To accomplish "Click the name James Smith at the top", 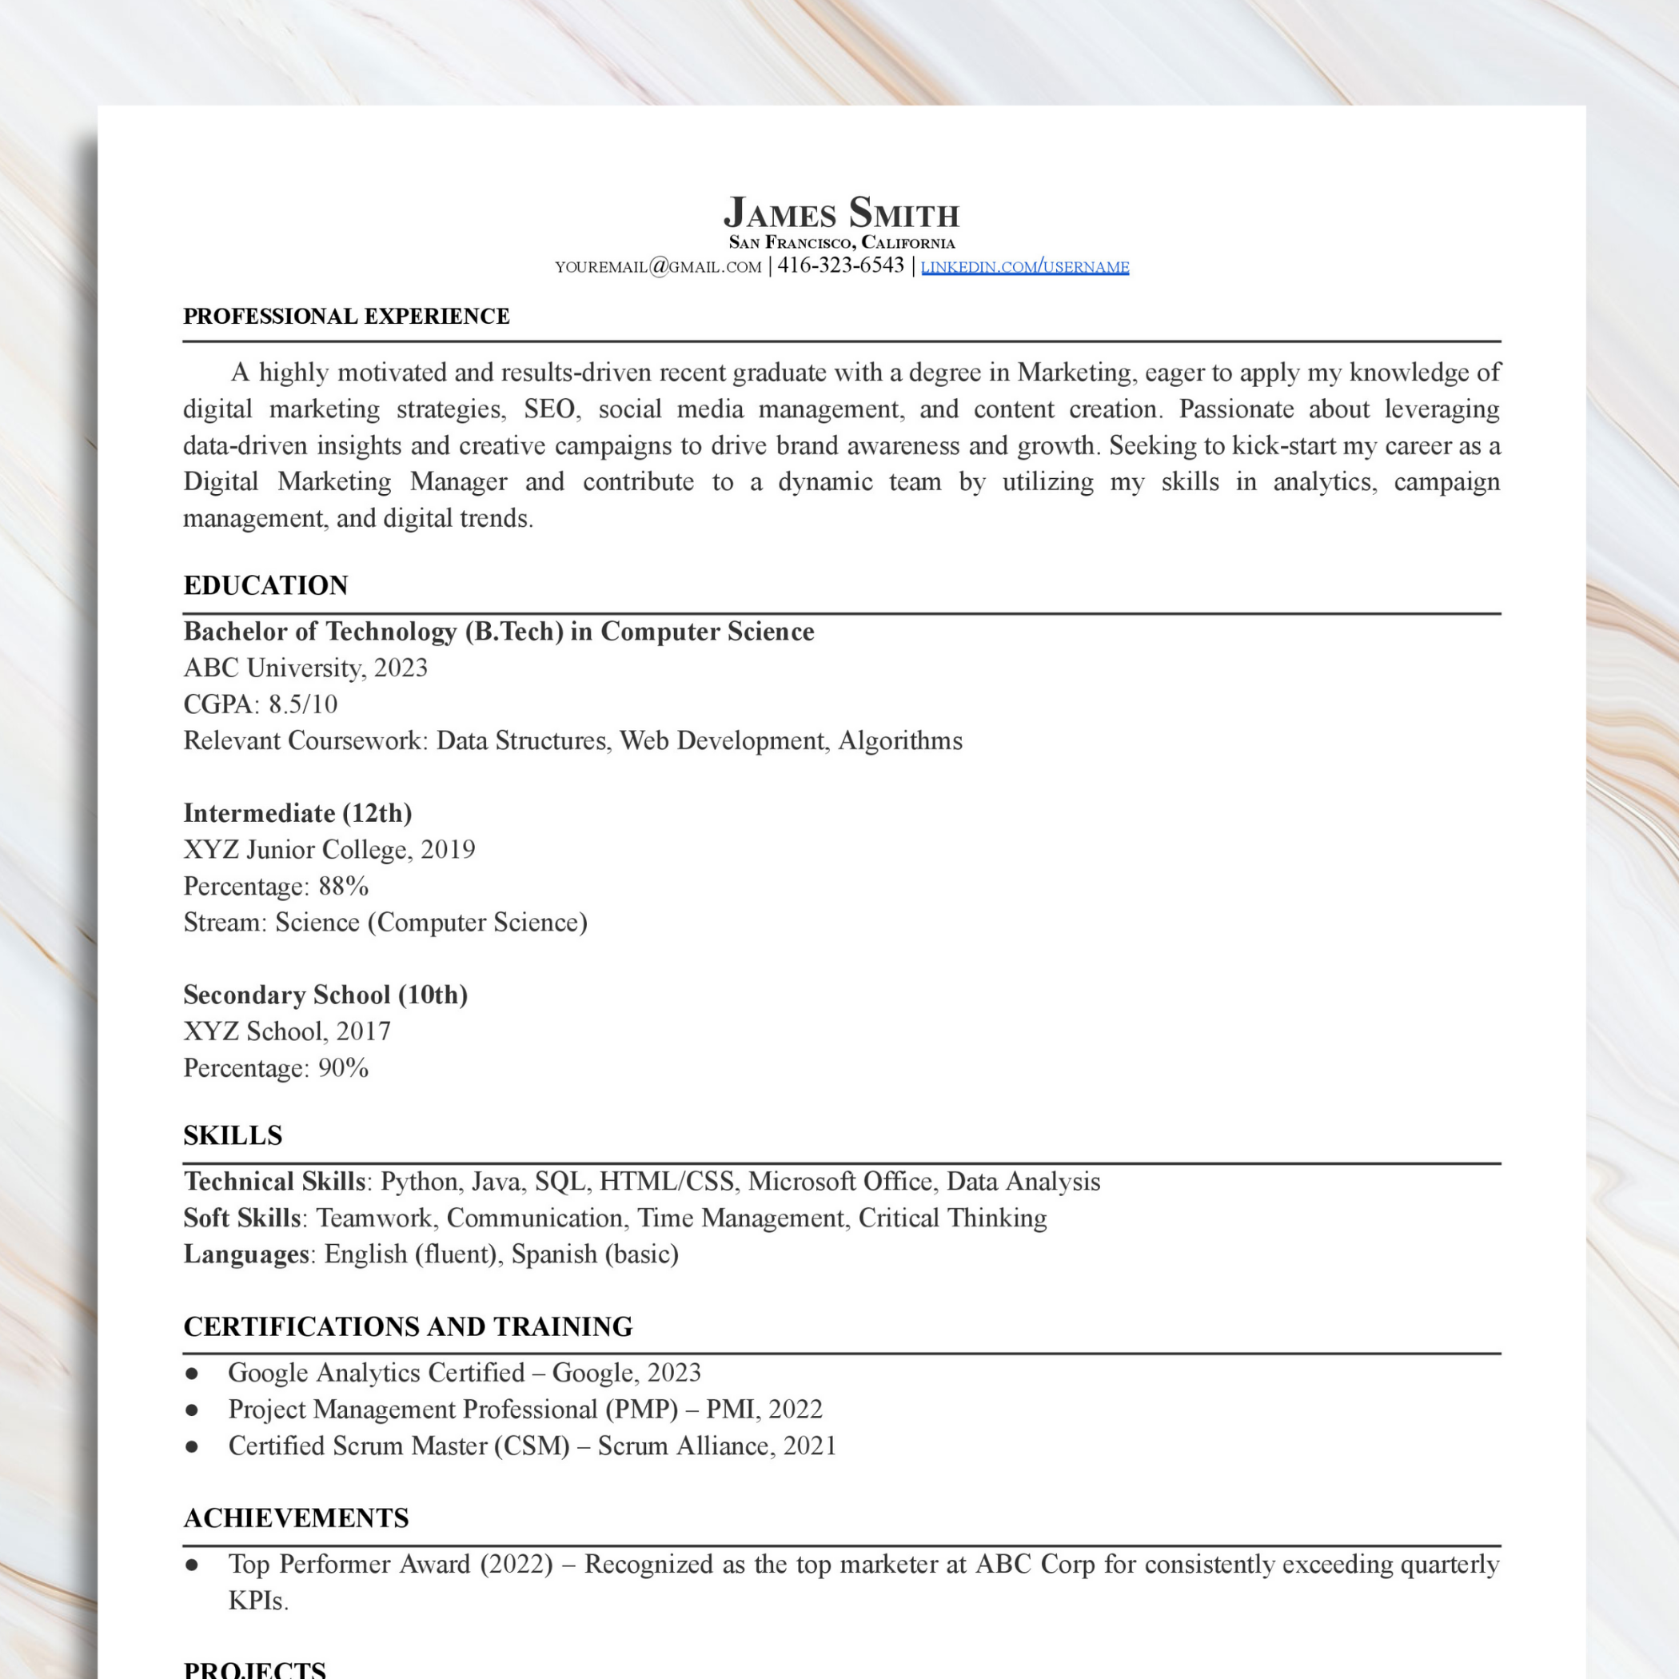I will [x=840, y=213].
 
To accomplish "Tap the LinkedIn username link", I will [x=1025, y=267].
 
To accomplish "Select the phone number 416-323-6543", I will [x=840, y=265].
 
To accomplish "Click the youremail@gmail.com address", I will [x=658, y=267].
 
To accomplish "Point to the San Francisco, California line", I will [x=840, y=242].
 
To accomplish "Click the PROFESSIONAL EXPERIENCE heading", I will [x=346, y=317].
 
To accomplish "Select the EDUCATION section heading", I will [x=265, y=585].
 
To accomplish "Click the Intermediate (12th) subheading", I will [x=297, y=812].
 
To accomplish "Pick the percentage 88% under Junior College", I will [x=343, y=886].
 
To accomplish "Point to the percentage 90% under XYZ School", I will [x=343, y=1067].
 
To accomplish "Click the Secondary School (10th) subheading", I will [x=325, y=994].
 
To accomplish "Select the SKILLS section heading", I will [x=232, y=1135].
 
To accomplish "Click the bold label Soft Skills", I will [x=241, y=1218].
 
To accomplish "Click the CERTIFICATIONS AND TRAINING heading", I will [x=408, y=1326].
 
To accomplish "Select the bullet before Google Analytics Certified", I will [x=192, y=1373].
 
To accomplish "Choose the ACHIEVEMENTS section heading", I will [x=296, y=1517].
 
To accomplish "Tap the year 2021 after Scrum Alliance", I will [x=809, y=1446].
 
